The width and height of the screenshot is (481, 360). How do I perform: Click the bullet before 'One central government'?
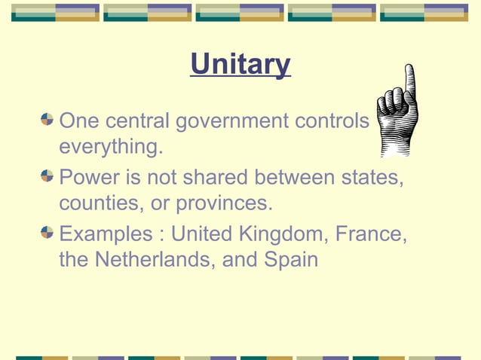click(x=47, y=119)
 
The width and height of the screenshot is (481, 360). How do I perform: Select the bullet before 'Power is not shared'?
click(x=47, y=177)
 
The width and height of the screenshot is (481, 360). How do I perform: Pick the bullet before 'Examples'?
click(x=47, y=234)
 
